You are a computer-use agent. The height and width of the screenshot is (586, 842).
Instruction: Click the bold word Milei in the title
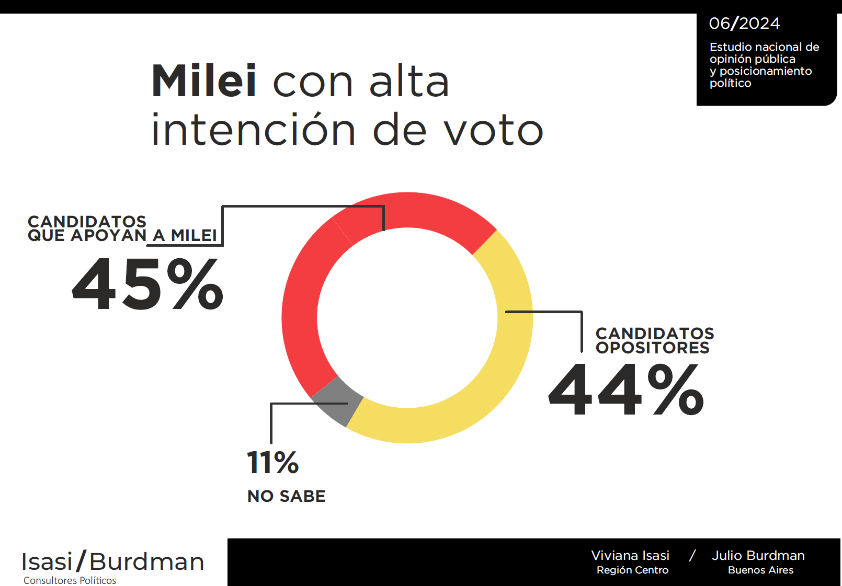point(204,81)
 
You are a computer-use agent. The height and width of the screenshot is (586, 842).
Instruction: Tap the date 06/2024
point(744,24)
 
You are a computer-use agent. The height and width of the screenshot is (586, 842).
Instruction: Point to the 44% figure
point(626,389)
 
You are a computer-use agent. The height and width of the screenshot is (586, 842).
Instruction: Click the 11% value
point(272,463)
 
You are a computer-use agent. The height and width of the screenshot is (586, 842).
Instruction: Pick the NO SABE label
point(286,496)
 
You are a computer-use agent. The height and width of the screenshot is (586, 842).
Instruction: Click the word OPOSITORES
point(652,348)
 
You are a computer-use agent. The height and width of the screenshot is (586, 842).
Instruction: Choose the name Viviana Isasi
point(630,555)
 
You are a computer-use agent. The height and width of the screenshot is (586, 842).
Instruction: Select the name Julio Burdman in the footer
point(758,555)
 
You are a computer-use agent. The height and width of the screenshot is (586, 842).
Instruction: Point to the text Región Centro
point(632,570)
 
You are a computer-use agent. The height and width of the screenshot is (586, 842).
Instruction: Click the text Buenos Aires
point(760,570)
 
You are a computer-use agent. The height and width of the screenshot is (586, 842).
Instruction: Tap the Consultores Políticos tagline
point(70,580)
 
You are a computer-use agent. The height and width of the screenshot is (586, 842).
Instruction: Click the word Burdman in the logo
point(146,562)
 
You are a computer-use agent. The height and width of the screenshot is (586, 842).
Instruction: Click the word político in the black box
point(730,83)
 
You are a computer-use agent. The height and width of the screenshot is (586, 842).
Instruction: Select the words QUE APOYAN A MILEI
point(122,236)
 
